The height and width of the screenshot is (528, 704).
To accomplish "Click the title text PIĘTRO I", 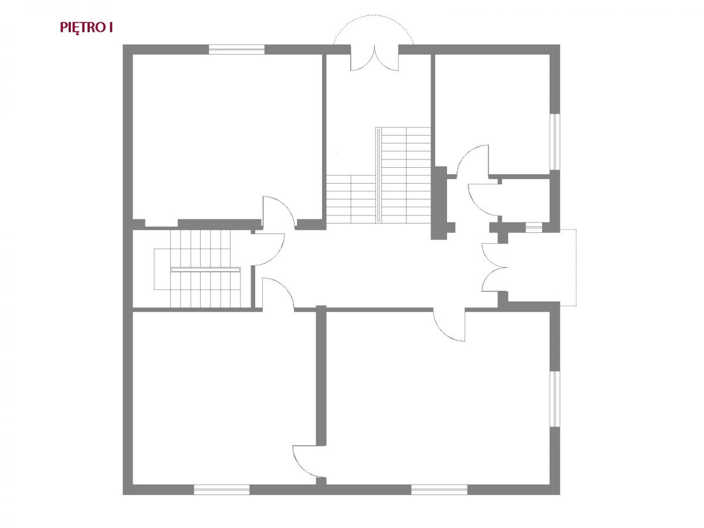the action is (86, 28).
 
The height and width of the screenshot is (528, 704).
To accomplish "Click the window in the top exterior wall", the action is (236, 49).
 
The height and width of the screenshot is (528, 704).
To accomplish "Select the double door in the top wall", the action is (374, 58).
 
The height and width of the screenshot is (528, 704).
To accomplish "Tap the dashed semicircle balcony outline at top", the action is (374, 15).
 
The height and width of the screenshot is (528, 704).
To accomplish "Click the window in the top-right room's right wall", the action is (555, 141).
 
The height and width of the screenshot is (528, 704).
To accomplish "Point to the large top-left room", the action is (227, 137).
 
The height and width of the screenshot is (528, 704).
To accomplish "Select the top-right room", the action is (492, 114).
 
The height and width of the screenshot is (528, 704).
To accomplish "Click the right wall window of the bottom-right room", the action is (555, 399).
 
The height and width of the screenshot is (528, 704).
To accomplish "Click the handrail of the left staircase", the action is (205, 270).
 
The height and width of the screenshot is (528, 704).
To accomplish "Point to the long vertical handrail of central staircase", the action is (379, 175).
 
